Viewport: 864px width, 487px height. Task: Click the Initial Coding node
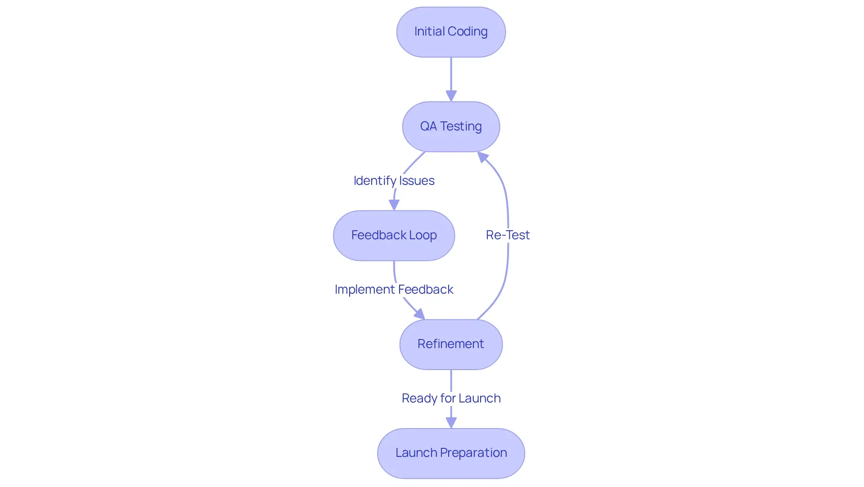click(x=451, y=32)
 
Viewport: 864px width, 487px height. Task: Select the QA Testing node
click(x=451, y=127)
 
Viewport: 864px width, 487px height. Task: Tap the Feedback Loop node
click(x=394, y=236)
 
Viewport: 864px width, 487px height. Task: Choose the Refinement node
click(x=451, y=344)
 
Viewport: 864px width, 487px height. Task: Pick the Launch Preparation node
click(x=451, y=453)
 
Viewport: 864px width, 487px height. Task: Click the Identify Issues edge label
click(x=394, y=180)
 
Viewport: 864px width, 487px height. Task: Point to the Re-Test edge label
click(x=508, y=235)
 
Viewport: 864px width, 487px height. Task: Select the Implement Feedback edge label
click(x=394, y=289)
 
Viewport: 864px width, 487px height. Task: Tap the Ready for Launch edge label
click(x=451, y=398)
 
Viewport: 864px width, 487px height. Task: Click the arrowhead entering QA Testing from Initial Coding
click(x=451, y=96)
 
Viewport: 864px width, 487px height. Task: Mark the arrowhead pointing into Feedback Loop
click(x=394, y=205)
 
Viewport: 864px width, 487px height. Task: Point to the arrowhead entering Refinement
click(x=419, y=314)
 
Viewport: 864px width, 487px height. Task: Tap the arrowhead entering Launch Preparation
click(x=451, y=422)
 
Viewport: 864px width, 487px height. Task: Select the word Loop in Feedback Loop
click(x=423, y=235)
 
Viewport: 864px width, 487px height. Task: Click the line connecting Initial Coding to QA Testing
click(x=451, y=74)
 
